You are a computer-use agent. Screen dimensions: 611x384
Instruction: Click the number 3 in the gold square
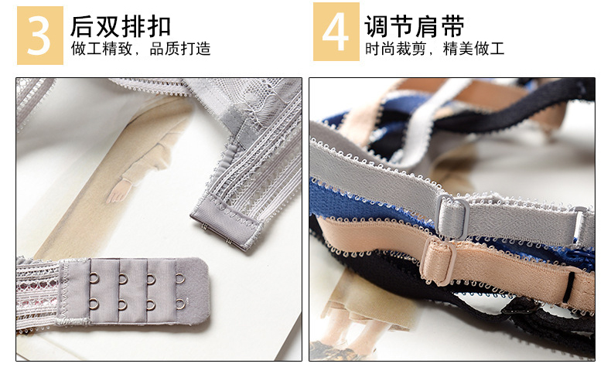39,36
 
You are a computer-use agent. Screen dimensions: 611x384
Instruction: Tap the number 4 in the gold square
336,32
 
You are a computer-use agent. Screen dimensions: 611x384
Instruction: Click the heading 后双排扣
121,26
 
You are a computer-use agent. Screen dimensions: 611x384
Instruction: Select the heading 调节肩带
415,26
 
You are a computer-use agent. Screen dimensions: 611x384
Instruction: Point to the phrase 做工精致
101,49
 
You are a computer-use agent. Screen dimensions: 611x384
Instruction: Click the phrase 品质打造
180,49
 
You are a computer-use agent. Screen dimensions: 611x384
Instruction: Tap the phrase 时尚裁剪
395,49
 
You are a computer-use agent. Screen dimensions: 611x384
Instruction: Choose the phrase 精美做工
474,49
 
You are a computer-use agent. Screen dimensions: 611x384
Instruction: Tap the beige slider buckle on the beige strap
439,262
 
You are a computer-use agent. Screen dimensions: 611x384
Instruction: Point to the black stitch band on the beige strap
570,287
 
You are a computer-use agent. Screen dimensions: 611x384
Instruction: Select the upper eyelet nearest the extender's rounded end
179,279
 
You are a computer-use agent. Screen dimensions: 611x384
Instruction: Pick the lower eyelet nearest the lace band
94,304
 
